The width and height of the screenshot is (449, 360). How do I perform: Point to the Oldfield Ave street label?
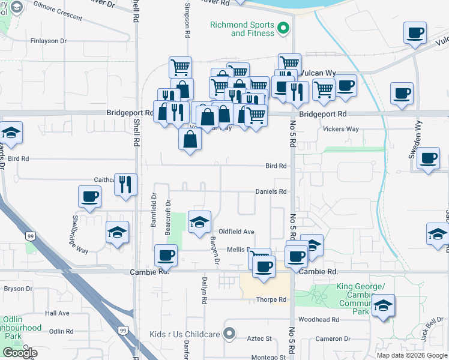[237, 232]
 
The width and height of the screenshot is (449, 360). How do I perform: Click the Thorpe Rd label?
[271, 299]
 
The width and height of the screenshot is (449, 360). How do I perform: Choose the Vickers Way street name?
[340, 129]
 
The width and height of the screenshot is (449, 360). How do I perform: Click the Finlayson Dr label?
[48, 41]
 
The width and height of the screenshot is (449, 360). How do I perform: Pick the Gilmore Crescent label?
[58, 18]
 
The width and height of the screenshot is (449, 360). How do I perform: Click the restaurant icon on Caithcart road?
[125, 184]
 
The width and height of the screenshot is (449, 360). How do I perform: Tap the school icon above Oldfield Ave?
[200, 222]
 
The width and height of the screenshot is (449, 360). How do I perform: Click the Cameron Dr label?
[333, 339]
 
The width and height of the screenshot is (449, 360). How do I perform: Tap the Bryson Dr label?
[18, 289]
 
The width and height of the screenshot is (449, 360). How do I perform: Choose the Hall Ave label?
[57, 313]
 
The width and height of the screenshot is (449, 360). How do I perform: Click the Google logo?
[20, 353]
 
